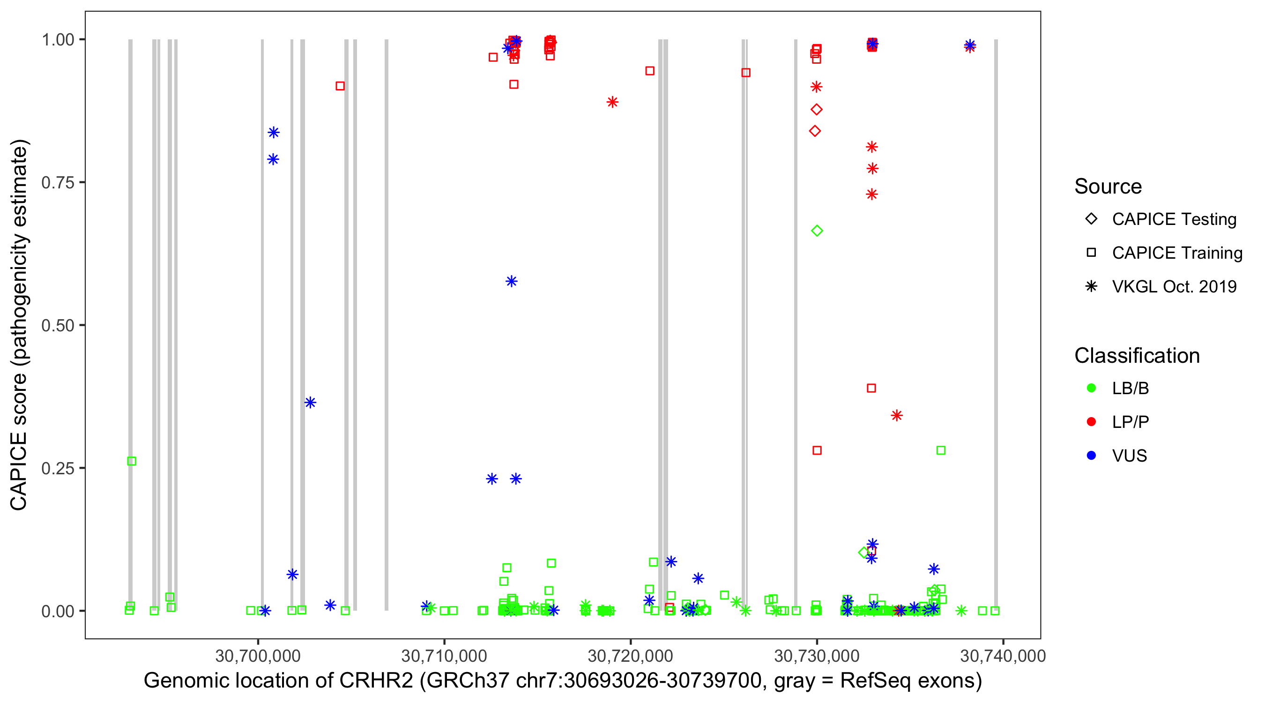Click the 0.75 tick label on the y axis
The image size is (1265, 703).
pos(57,183)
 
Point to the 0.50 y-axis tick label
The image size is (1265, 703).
pos(57,325)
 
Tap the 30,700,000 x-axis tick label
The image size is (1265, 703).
pos(258,656)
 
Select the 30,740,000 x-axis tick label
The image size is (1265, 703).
pos(1003,656)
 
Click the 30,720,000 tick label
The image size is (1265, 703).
pos(631,656)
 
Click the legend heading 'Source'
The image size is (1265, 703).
pos(1108,187)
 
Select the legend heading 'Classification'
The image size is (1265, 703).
pos(1137,356)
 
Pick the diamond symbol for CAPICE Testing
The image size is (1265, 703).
pos(1091,219)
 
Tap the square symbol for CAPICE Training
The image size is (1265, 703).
pos(1091,253)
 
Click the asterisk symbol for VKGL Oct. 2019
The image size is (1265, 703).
pos(1091,286)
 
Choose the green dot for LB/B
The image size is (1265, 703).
pos(1091,388)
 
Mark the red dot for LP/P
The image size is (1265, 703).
pos(1091,422)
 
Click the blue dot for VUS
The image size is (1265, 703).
pos(1091,456)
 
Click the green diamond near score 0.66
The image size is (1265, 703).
pos(817,231)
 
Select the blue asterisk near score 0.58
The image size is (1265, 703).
pos(511,282)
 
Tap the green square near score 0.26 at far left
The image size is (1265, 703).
pos(132,461)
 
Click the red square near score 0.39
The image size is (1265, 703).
pos(871,389)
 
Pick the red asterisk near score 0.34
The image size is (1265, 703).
pos(897,416)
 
